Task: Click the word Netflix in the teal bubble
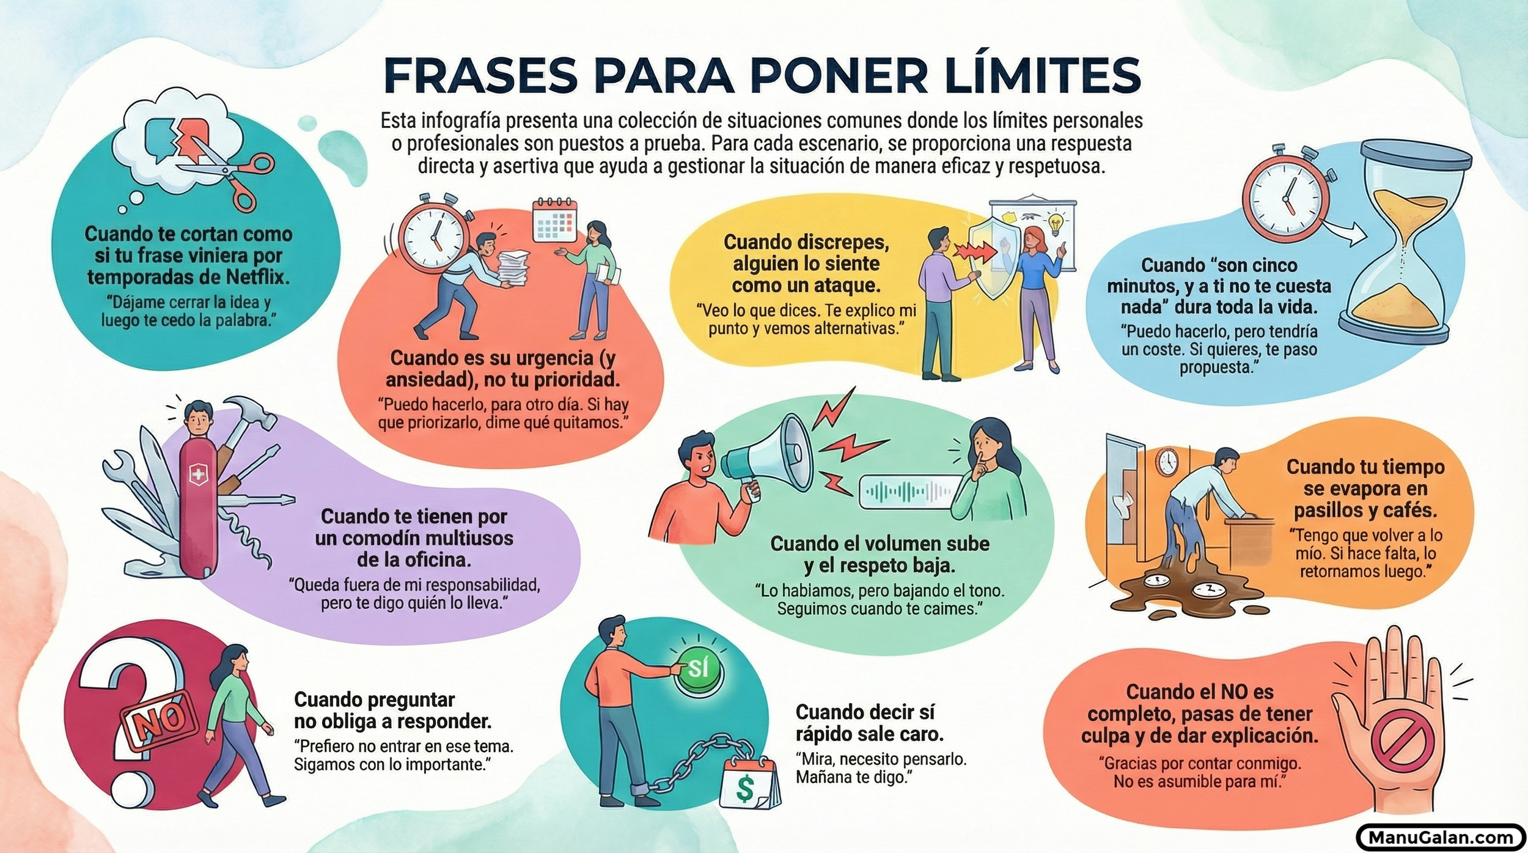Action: coord(257,277)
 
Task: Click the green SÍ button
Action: coord(698,669)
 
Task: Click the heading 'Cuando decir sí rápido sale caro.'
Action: coord(869,723)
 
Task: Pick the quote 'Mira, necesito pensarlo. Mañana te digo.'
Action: coord(880,768)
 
